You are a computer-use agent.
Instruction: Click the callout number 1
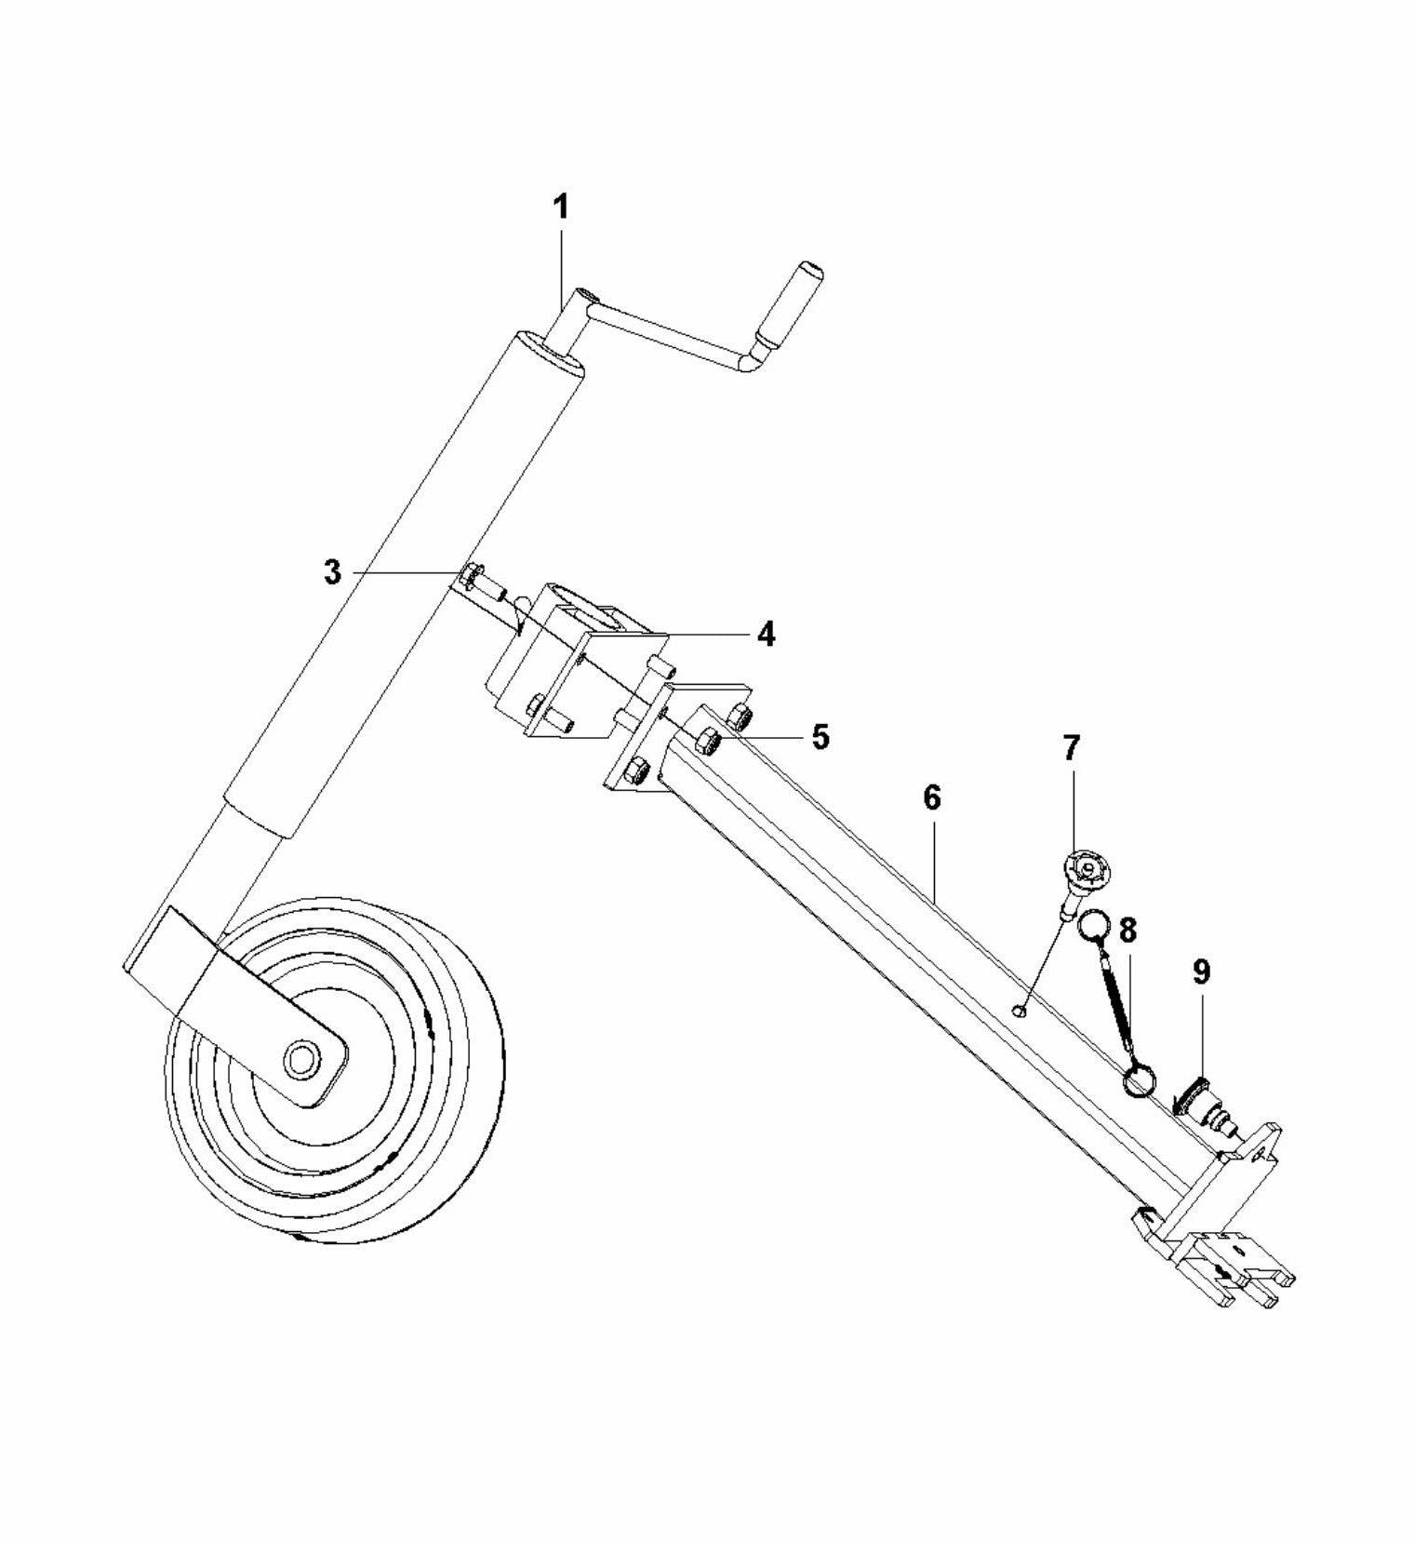coord(561,208)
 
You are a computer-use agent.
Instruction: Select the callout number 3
coord(332,572)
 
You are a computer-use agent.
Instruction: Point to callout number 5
coord(819,736)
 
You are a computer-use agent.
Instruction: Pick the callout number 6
coord(932,797)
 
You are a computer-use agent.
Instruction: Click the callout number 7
coord(1071,746)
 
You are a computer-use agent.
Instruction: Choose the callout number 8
coord(1128,930)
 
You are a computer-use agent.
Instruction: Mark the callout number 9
coord(1201,972)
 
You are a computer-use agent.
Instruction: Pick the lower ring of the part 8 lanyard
coord(1141,1081)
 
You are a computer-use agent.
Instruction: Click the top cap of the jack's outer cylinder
coord(552,355)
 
